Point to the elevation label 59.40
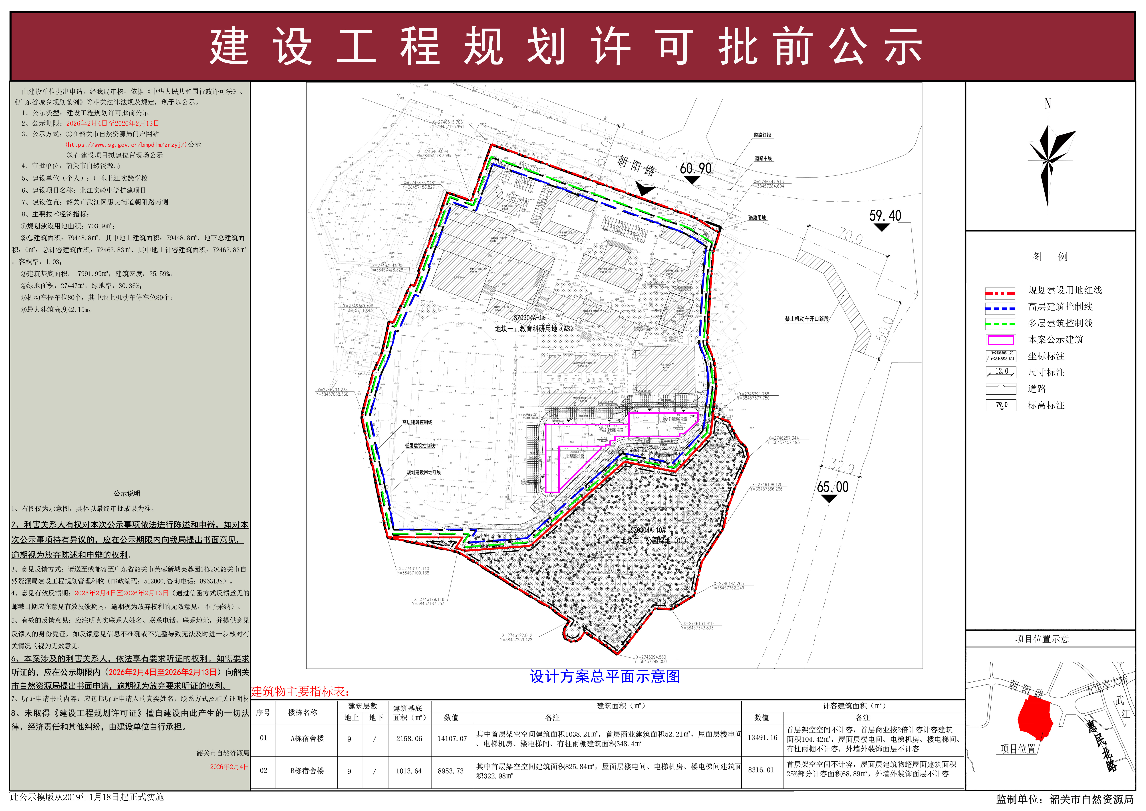(885, 216)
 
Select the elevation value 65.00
(832, 487)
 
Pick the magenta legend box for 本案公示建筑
(1000, 340)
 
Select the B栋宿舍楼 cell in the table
(307, 770)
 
